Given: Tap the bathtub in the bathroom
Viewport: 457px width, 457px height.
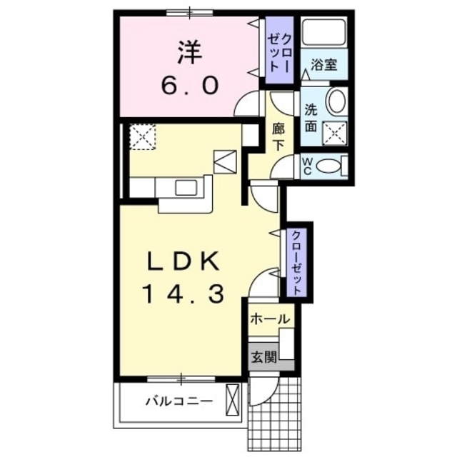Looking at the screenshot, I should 323,32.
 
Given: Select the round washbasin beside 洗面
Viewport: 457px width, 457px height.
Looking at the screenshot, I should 336,101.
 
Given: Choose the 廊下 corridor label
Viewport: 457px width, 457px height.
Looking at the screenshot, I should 278,136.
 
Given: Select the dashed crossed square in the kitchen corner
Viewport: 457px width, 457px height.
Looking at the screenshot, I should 143,136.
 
